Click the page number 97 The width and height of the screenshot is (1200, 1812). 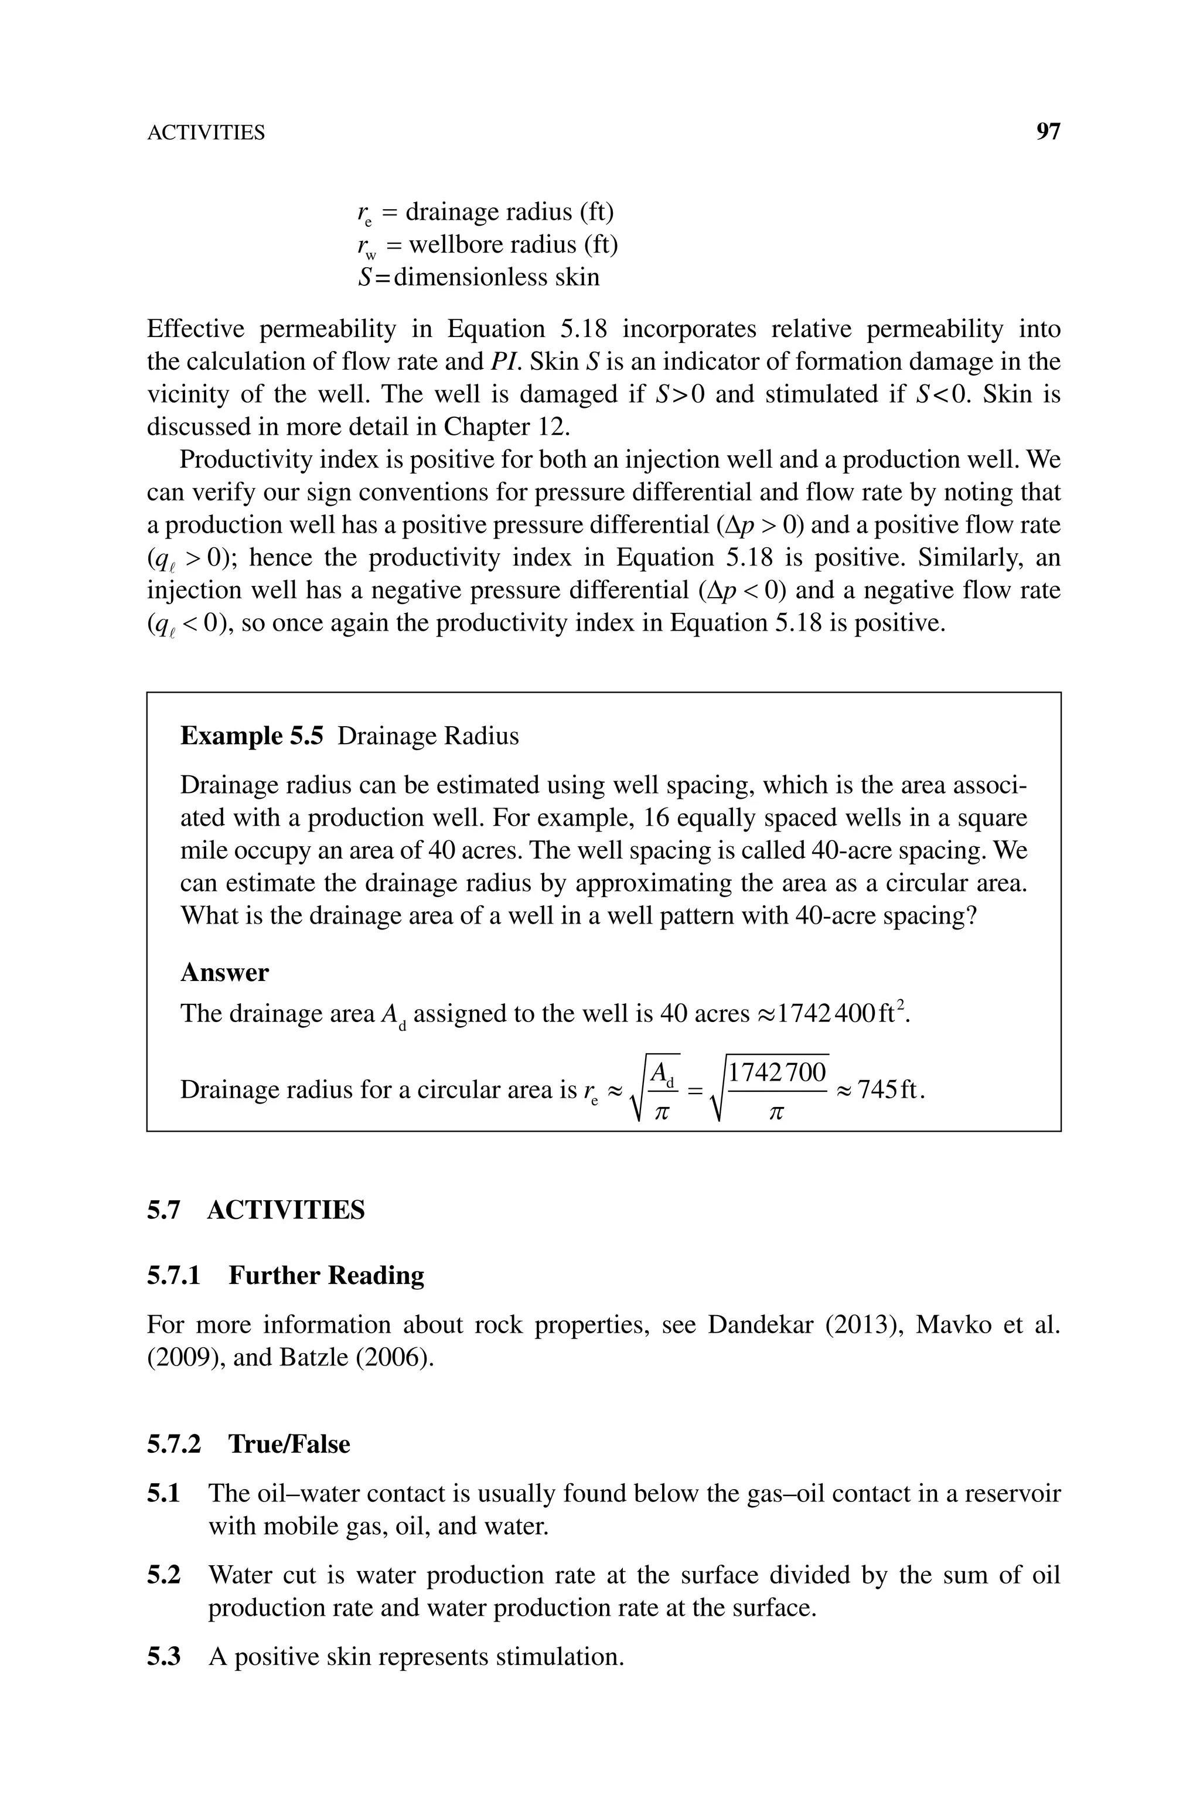tap(1048, 132)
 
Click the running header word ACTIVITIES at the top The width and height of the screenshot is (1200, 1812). tap(206, 133)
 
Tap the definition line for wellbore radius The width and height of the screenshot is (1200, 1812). tap(487, 245)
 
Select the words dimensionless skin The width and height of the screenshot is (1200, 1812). tap(497, 277)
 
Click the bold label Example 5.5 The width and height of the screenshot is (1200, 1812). tap(252, 736)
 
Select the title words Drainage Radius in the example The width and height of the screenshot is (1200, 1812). tap(428, 736)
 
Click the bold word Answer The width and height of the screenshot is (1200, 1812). tap(224, 973)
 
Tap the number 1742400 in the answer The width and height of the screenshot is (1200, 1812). tap(817, 1014)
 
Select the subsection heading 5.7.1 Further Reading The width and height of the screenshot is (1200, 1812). tap(285, 1276)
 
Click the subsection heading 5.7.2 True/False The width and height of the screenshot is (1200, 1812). tap(248, 1444)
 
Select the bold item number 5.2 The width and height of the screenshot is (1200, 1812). tap(164, 1576)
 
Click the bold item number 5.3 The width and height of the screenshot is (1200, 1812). tap(164, 1657)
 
